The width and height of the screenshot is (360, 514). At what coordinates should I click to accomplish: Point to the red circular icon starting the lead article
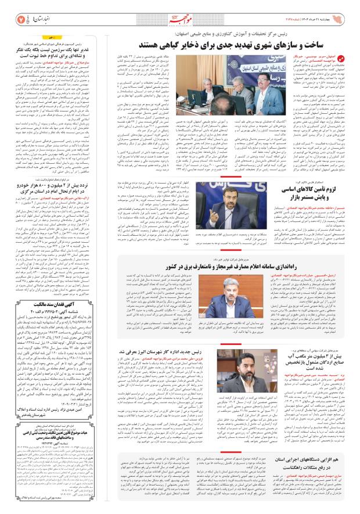point(341,59)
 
